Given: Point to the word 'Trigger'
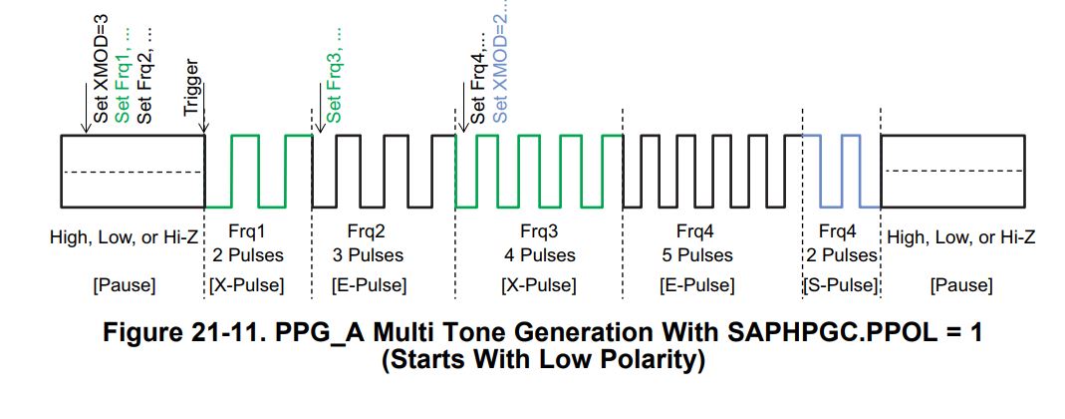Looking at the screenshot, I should coord(192,87).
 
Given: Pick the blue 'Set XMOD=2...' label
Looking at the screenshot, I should coord(501,62).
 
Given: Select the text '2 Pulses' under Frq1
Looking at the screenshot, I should coord(248,255).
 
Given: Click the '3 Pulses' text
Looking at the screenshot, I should coord(368,255).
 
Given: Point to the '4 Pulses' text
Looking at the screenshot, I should coord(539,255).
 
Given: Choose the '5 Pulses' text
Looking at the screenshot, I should coord(696,255).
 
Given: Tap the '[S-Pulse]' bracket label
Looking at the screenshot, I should coord(841,286).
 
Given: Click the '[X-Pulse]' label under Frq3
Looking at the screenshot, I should coord(539,286).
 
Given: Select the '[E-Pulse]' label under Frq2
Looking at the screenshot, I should coord(368,286).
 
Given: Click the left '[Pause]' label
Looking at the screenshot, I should coord(124,286).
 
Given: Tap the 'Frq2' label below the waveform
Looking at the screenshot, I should coord(368,233).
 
